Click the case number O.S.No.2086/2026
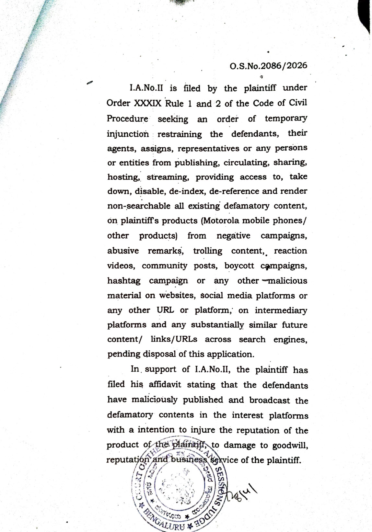(x=268, y=66)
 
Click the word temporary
(x=285, y=118)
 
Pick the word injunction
(x=128, y=134)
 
